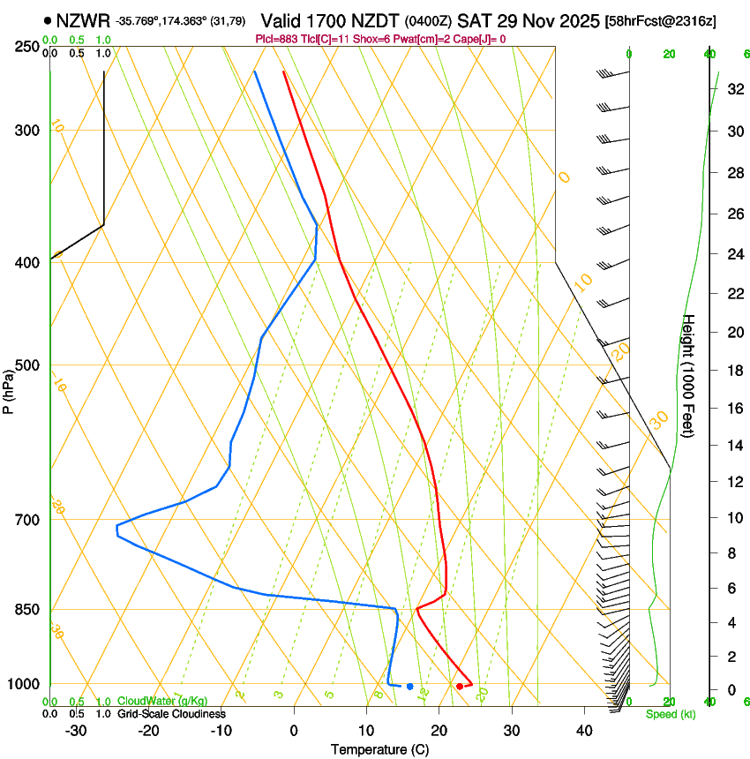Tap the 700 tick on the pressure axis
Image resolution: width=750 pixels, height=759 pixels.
[26, 520]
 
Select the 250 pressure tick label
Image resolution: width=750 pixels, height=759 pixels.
[26, 46]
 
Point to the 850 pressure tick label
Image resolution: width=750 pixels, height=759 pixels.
[26, 610]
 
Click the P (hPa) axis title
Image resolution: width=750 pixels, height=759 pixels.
[9, 389]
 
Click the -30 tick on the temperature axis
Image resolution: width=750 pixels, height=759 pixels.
[76, 731]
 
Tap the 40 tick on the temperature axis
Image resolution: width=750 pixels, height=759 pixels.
[584, 731]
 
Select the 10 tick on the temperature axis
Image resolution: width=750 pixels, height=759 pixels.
[366, 731]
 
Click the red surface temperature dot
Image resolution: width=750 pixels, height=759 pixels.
[460, 686]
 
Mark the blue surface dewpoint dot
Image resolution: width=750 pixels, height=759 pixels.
[410, 686]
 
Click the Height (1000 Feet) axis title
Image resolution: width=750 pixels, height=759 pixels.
[689, 375]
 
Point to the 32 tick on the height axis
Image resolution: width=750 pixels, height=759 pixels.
[734, 89]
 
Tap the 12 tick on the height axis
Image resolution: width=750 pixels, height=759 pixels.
[734, 481]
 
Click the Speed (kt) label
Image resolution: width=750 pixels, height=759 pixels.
[671, 714]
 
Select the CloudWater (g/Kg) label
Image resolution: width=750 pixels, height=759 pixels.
[162, 701]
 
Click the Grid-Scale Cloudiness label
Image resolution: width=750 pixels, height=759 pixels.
[171, 713]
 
